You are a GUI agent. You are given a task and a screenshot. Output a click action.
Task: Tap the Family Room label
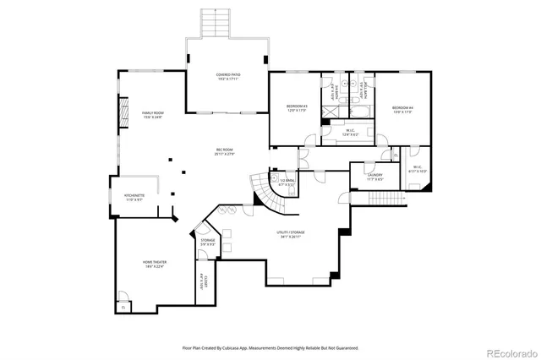(152, 115)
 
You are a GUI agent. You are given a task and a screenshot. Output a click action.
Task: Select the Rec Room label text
(224, 152)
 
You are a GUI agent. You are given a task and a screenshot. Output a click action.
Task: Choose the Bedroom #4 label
(402, 110)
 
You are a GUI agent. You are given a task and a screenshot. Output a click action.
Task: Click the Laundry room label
(375, 177)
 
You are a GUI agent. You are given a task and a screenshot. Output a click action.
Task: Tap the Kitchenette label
(135, 197)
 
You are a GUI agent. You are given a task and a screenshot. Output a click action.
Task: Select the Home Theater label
(154, 265)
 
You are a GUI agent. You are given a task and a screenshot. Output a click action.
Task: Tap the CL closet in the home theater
(123, 307)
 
